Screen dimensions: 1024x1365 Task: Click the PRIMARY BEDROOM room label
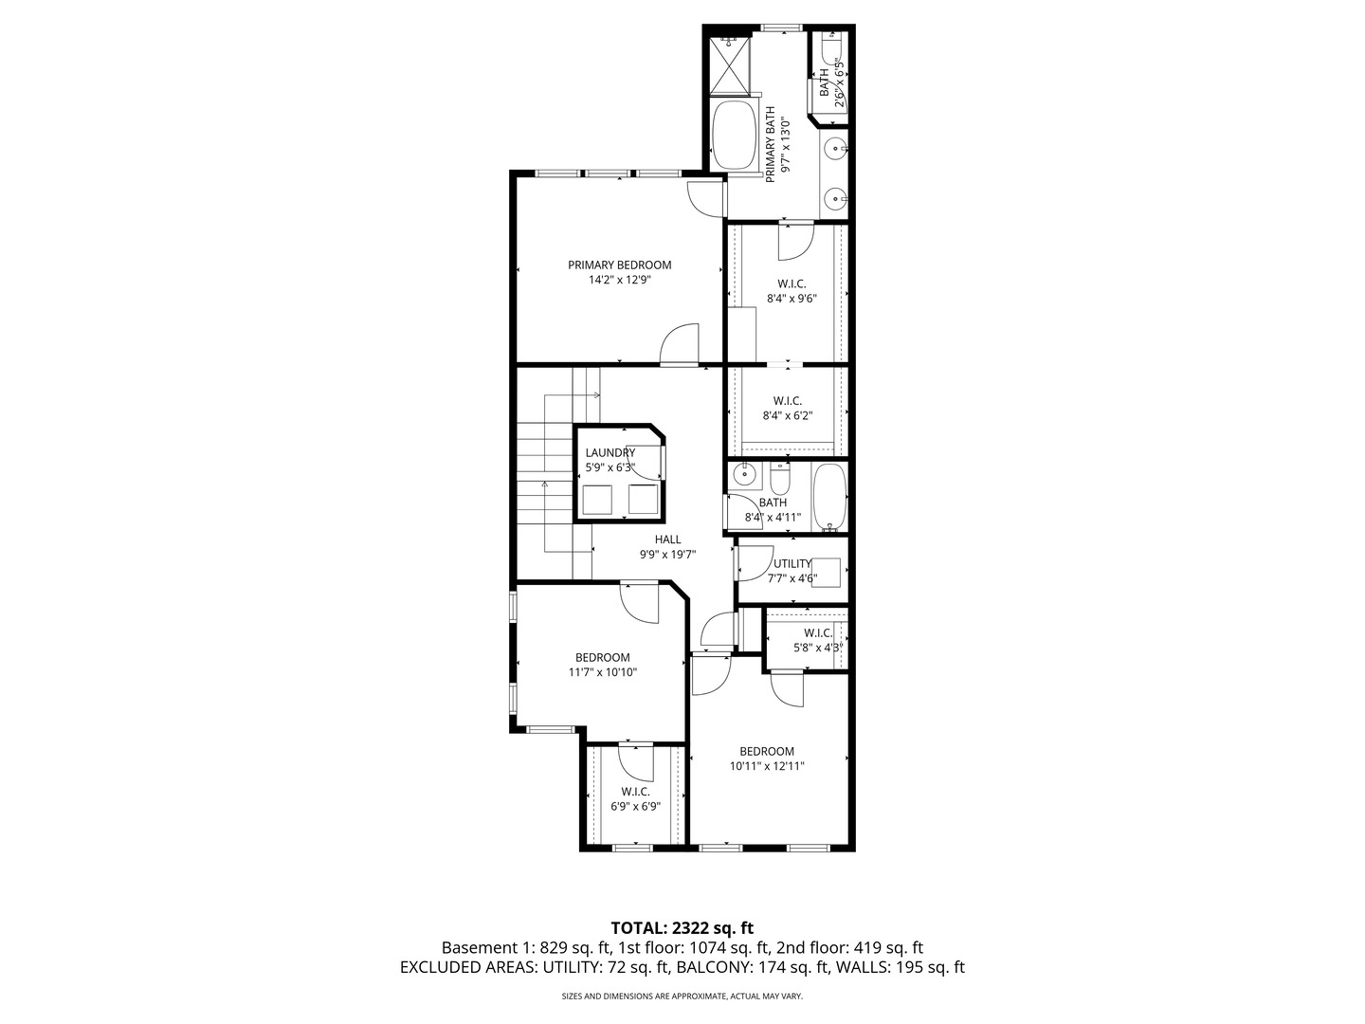pos(619,265)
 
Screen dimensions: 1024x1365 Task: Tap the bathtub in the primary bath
pos(734,136)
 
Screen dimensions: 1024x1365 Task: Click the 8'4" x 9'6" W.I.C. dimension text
pos(792,298)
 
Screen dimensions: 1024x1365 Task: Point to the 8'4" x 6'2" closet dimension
pos(788,415)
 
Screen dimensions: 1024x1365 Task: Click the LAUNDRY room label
pos(610,453)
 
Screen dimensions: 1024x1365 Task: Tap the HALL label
pos(667,539)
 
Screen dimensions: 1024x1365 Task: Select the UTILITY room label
pos(792,563)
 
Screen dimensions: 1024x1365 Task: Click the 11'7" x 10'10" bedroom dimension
pos(602,672)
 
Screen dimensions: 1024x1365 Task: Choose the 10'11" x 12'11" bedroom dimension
pos(767,766)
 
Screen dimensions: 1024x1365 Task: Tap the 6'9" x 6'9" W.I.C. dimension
pos(635,806)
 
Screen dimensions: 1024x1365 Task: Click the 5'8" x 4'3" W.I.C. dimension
pos(818,648)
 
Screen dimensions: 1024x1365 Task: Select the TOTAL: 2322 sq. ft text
pos(682,927)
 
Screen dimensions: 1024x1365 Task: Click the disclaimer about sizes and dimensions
pos(682,997)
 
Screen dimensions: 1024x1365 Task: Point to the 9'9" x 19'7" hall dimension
pos(667,555)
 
